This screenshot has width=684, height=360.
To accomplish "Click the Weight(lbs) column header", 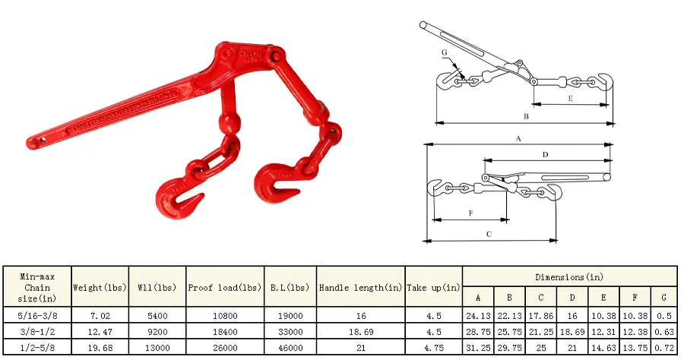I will [x=100, y=288].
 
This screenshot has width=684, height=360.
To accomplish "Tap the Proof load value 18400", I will [x=225, y=332].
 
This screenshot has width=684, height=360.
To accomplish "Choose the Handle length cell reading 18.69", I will [x=360, y=332].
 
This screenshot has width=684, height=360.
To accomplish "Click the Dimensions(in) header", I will [x=569, y=277].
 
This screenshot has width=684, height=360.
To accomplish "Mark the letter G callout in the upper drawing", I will [x=445, y=52].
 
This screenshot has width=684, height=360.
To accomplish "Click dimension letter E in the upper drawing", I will [x=570, y=99].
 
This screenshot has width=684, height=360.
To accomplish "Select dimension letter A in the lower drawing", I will [x=518, y=139].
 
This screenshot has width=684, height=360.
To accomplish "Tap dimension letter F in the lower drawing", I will [x=471, y=213].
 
